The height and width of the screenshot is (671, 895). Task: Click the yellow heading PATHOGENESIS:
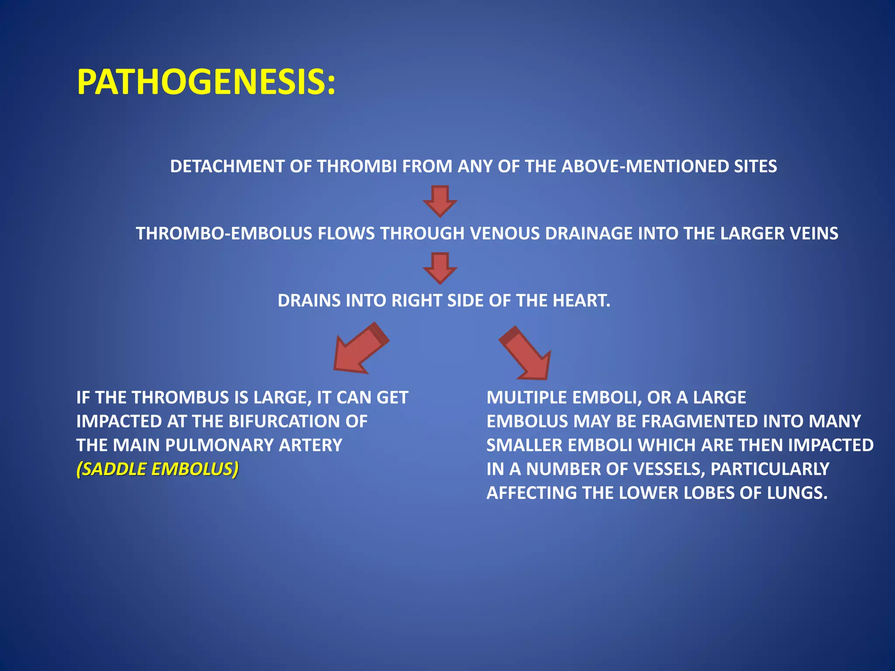pyautogui.click(x=206, y=83)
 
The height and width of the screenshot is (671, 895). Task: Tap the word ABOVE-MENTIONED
pyautogui.click(x=645, y=166)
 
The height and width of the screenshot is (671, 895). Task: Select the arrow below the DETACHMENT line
pyautogui.click(x=440, y=201)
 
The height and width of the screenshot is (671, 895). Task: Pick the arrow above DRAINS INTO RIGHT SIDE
pyautogui.click(x=440, y=268)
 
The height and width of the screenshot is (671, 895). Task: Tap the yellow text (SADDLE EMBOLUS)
pyautogui.click(x=157, y=469)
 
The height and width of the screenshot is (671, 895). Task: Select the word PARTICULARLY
pyautogui.click(x=770, y=469)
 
